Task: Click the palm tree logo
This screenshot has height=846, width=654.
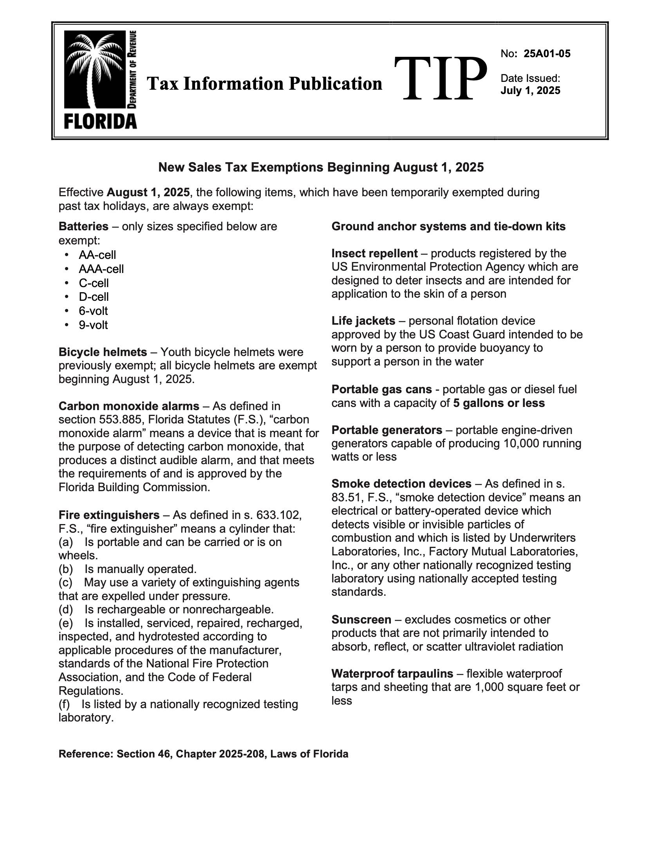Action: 94,70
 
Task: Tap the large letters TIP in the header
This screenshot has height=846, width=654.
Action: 440,77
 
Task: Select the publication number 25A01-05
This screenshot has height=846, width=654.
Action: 547,54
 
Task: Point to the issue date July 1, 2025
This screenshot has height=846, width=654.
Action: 530,90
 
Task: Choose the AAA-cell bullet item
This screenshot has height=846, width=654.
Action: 101,269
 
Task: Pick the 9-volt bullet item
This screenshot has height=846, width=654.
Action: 93,325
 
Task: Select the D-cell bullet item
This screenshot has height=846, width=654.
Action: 94,297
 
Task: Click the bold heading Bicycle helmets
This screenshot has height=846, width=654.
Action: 103,352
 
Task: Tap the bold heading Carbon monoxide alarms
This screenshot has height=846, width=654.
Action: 128,406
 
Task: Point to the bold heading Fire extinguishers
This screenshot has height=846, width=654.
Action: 109,515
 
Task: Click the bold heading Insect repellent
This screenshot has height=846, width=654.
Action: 374,253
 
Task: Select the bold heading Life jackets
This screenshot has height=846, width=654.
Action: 363,321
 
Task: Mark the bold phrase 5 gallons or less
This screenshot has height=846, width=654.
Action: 499,403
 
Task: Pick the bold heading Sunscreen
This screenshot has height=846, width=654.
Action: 361,620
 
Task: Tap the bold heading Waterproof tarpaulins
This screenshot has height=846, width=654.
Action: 392,674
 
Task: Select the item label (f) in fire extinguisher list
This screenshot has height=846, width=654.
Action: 64,704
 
